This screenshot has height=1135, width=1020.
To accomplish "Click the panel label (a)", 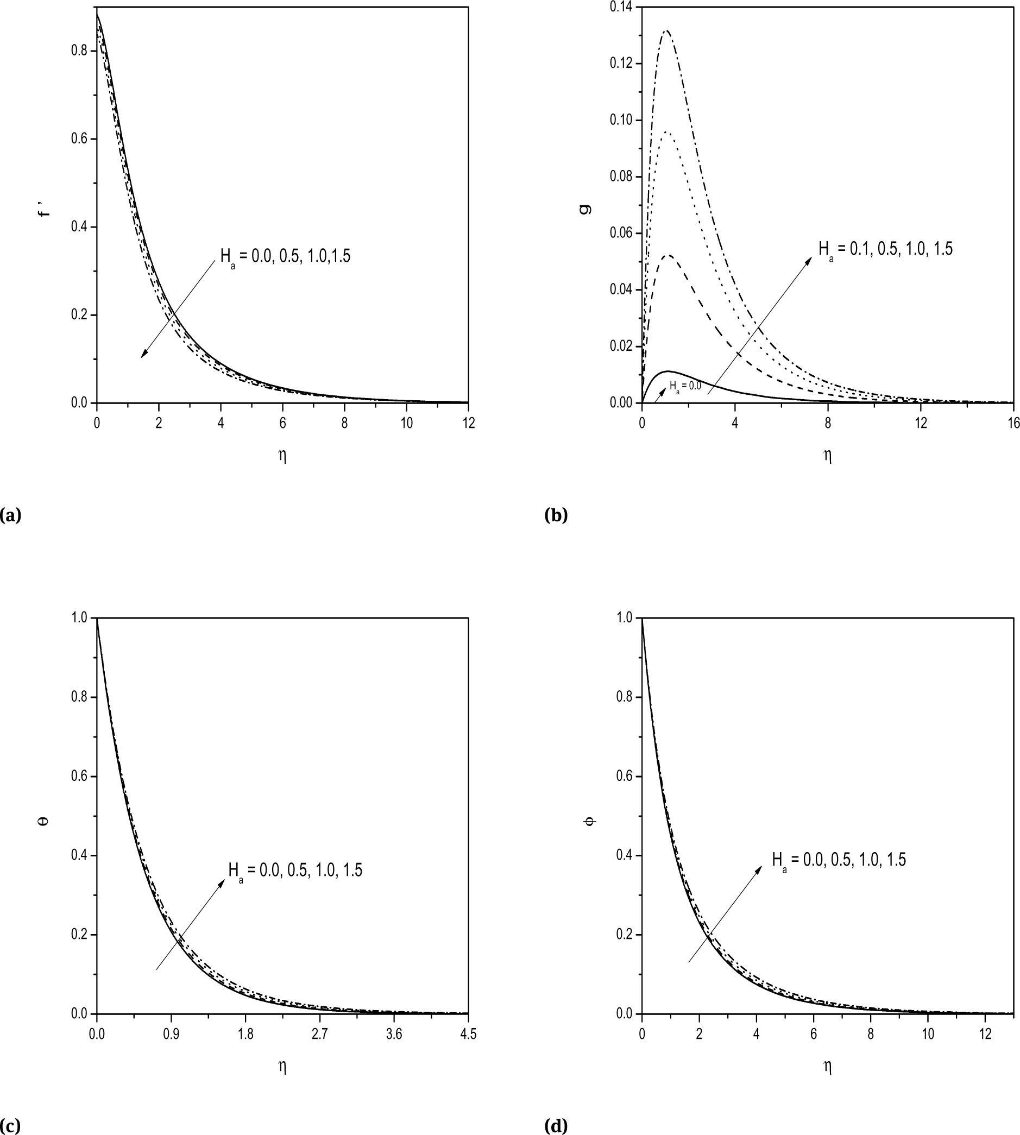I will [11, 515].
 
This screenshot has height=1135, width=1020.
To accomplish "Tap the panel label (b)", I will [556, 515].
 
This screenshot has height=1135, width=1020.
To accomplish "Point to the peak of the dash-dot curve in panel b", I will [666, 31].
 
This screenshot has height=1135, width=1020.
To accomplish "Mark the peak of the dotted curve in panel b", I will [667, 132].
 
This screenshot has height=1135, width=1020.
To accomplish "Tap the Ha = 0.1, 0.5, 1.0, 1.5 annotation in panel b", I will [885, 249].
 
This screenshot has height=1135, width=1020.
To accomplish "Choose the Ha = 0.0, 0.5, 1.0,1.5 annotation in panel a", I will [285, 256].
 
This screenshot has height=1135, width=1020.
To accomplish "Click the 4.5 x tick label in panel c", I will [468, 1034].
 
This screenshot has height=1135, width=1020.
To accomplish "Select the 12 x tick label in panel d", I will [986, 1034].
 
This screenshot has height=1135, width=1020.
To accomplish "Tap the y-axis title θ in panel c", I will [45, 821].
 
